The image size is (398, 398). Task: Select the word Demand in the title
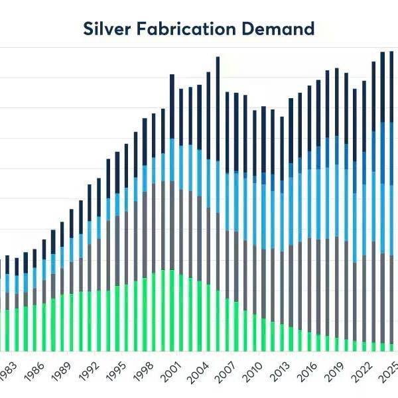tap(280, 29)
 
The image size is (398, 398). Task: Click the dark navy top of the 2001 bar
tap(172, 106)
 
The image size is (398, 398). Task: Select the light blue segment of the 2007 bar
tap(227, 202)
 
